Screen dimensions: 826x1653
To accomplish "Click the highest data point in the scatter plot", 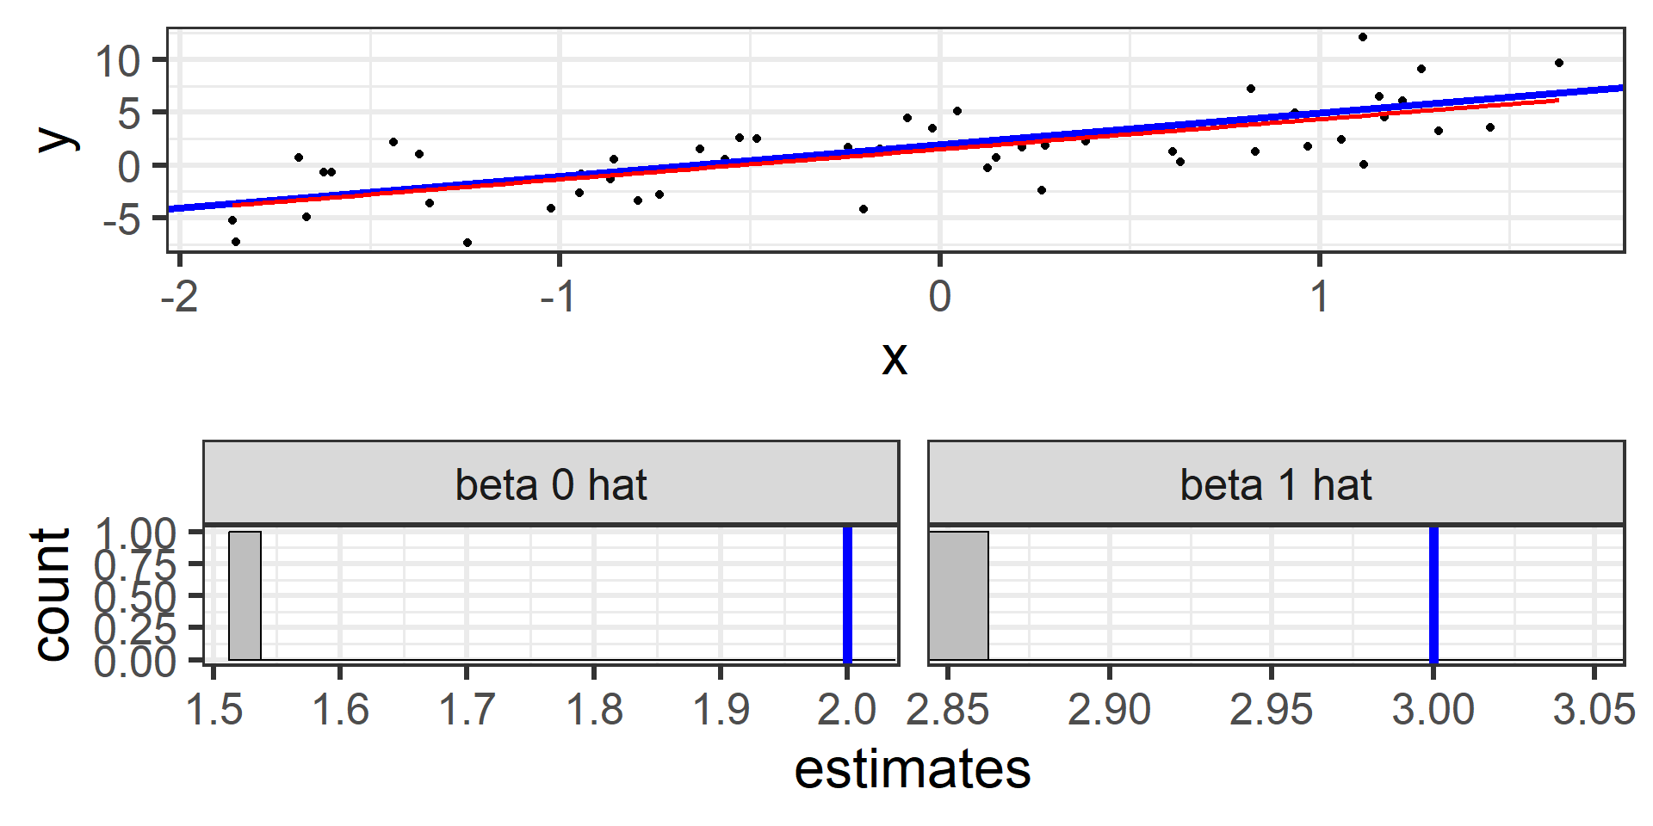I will [1363, 37].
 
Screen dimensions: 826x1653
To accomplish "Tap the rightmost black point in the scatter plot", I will [1559, 63].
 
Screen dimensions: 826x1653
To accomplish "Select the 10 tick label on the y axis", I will [118, 61].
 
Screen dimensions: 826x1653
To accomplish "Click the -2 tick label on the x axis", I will [179, 297].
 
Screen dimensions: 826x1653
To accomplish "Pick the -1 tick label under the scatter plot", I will [558, 297].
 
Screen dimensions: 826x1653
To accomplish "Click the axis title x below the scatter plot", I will [895, 357].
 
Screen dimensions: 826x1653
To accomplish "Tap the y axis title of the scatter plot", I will [56, 138].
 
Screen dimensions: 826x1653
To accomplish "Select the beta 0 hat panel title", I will [551, 484].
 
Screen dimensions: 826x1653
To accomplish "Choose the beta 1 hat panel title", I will [1276, 484].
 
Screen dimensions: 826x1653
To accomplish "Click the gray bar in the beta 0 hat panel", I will [245, 595].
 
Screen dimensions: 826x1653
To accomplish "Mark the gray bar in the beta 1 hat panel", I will [959, 595].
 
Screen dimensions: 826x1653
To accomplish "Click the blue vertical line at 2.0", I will [847, 594].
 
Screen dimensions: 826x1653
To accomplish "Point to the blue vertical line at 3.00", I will [1433, 594].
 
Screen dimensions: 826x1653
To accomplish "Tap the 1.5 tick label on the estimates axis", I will [214, 710].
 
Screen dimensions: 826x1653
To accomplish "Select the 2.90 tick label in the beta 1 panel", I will [1109, 710].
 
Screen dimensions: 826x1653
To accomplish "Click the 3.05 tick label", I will [1594, 710].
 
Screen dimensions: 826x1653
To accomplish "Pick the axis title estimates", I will [912, 768].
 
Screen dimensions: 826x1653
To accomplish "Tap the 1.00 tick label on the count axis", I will [135, 533].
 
